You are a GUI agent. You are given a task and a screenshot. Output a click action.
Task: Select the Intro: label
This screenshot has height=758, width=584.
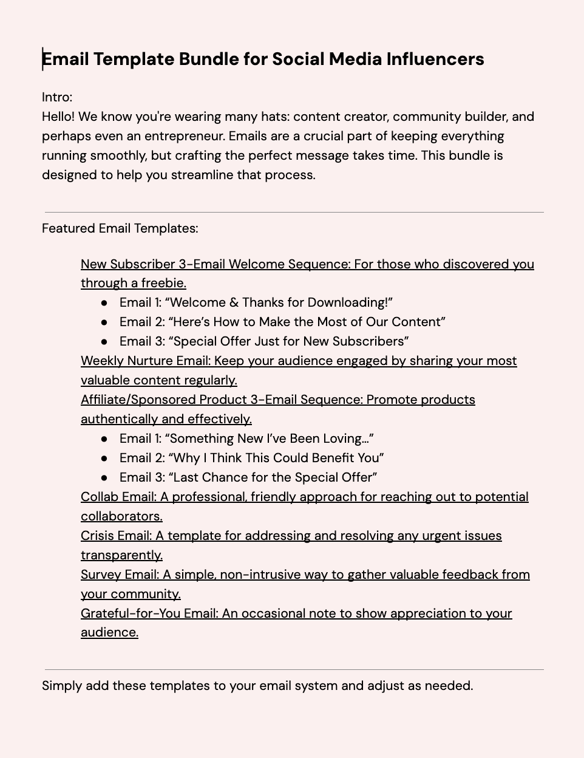tap(57, 97)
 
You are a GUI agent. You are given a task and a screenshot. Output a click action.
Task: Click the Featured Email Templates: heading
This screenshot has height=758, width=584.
tap(120, 228)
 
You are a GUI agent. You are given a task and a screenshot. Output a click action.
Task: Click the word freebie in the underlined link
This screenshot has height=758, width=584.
tap(163, 283)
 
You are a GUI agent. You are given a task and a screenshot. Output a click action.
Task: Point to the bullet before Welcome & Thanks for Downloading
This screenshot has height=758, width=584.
tap(105, 302)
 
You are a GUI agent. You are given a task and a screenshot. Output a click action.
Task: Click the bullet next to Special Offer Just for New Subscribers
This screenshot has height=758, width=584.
tap(105, 341)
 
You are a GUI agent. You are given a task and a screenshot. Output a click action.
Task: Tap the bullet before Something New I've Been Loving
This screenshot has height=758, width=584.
tap(105, 439)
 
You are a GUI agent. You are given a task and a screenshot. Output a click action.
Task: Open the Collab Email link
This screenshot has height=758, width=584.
tap(118, 497)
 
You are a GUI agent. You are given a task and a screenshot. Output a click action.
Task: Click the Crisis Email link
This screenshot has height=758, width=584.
tap(116, 536)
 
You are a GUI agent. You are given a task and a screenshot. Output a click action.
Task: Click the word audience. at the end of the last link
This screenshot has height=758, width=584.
tap(109, 632)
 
